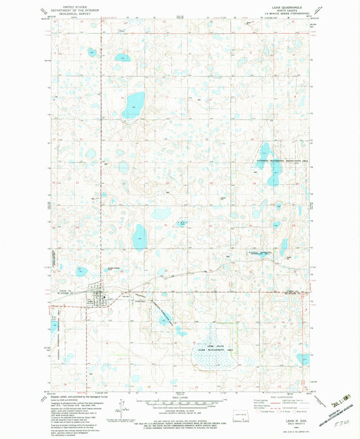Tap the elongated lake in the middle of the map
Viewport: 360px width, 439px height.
(x=140, y=236)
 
